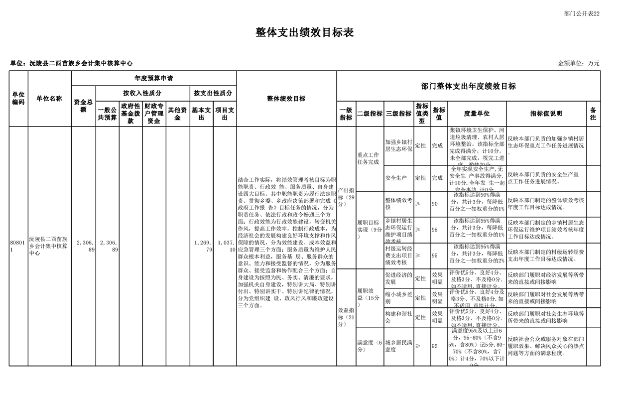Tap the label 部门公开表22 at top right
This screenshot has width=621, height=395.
click(582, 13)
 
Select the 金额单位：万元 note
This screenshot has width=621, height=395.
click(579, 63)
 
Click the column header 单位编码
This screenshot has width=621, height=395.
click(18, 99)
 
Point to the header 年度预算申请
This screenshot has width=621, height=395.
click(153, 79)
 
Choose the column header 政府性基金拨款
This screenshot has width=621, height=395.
click(130, 114)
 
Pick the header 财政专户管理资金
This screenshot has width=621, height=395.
click(154, 114)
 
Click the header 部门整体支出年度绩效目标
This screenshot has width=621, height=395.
click(468, 86)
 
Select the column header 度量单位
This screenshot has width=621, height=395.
click(477, 114)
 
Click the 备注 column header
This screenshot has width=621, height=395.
click(593, 114)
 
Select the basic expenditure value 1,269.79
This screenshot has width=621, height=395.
click(202, 246)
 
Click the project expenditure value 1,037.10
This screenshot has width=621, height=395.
click(225, 246)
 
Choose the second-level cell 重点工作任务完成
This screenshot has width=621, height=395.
click(369, 158)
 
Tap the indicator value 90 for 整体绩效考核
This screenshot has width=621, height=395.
click(435, 204)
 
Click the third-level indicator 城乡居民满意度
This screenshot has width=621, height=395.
click(398, 346)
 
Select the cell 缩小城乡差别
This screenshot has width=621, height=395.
click(398, 298)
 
